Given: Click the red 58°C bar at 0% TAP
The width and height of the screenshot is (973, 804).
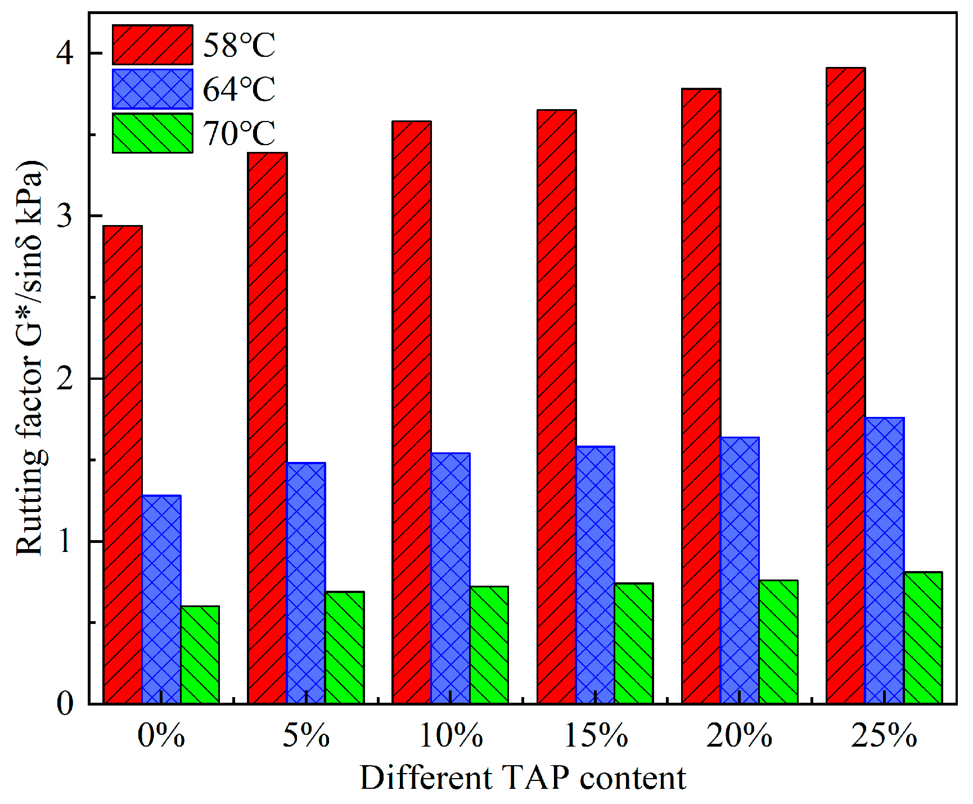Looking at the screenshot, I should coord(123,464).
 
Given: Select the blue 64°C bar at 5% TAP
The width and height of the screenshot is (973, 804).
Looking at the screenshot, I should coord(305,582).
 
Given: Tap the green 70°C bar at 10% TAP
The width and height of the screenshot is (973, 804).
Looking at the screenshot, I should coord(489,644).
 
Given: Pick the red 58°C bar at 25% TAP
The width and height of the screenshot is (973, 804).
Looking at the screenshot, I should coord(845,385).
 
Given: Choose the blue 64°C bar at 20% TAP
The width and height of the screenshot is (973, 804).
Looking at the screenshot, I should coord(740,569).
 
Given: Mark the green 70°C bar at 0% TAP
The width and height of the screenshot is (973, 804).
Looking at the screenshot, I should coord(200,654).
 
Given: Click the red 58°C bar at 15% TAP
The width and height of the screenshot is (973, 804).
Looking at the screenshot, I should coord(556,406).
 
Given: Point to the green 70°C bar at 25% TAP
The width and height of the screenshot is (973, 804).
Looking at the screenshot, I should coord(923,637).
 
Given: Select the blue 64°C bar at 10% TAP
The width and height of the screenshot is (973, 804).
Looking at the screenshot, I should coord(451,578).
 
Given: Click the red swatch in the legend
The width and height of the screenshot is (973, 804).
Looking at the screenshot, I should coord(152,44).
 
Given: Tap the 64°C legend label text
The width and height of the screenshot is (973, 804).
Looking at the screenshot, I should coord(239,89).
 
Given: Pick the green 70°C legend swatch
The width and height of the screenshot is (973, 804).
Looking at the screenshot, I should coord(152,133).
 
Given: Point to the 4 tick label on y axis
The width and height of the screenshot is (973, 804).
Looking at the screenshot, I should coord(65,53).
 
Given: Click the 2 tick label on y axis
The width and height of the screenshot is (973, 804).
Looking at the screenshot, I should coord(65,379).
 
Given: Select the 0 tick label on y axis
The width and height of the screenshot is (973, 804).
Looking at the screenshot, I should coord(65,703).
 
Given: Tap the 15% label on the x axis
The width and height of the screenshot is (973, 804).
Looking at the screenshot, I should coord(596,735).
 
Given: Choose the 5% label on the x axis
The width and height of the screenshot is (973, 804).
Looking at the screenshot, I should coord(306,735).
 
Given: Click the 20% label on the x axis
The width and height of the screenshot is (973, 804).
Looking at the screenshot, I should coord(740,735).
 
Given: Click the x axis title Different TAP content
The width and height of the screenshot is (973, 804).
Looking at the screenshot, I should coord(522,778).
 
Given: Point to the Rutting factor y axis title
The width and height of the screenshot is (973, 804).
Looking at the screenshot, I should coord(29,358).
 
